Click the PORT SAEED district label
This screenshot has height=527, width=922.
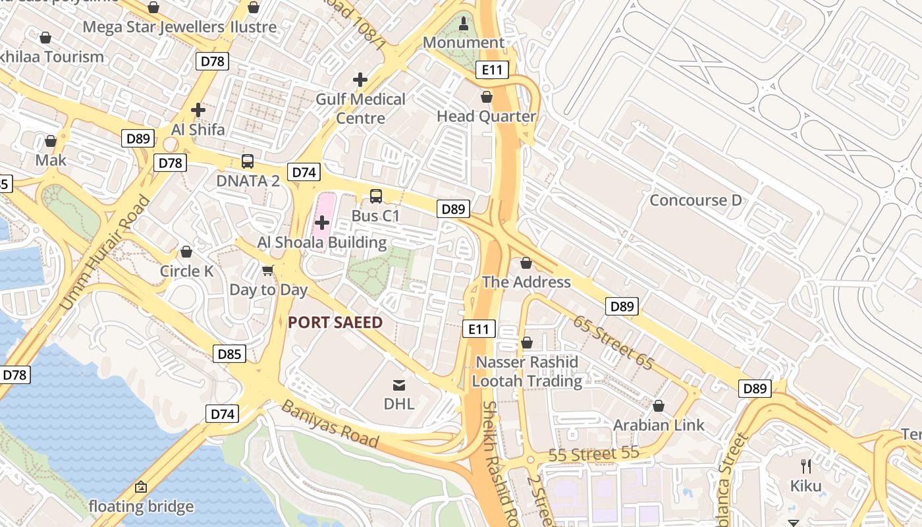point(335,322)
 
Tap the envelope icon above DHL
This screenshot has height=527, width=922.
point(399,385)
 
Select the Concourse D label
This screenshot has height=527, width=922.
point(695,200)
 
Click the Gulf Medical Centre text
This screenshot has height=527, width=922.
point(360,109)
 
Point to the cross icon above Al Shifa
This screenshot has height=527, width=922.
point(198,110)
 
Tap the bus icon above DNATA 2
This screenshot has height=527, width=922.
point(248,161)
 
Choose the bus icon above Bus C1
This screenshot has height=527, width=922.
point(375,196)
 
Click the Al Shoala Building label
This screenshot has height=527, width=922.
point(322,242)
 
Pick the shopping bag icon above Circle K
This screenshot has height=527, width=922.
point(186,252)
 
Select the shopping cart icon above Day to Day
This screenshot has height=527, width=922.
point(268,270)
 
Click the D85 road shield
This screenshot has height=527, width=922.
point(229,354)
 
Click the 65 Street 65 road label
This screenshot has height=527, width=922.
point(612,343)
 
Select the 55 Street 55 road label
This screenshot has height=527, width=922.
point(593,454)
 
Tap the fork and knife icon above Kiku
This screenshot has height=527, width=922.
point(806,466)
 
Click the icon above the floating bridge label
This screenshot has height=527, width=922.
point(140,487)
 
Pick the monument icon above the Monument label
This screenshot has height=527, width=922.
point(464,24)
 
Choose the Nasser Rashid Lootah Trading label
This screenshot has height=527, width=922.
point(527,372)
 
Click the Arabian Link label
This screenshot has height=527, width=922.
point(659,426)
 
